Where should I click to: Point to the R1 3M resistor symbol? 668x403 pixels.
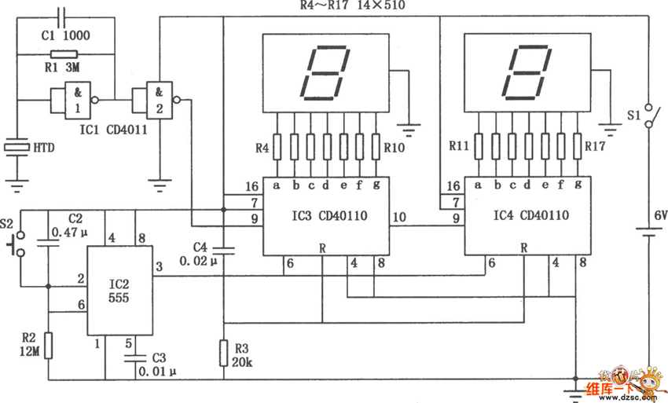(x=64, y=54)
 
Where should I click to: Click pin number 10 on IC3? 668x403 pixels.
(x=398, y=217)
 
